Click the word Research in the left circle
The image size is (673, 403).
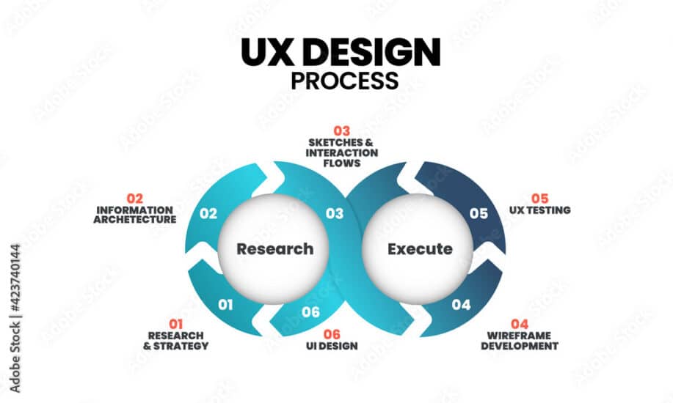[275, 249]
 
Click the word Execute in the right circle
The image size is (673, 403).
[420, 249]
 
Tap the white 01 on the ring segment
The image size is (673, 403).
[225, 305]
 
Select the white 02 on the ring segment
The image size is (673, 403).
[208, 213]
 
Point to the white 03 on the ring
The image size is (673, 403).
[335, 213]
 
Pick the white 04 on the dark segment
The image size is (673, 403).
[461, 305]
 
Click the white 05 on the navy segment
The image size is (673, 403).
[479, 213]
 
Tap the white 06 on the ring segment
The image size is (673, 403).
[310, 312]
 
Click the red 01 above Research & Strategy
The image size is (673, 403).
[175, 324]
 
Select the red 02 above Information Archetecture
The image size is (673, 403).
[135, 199]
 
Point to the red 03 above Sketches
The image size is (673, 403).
[342, 130]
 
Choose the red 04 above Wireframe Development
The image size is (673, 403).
[520, 324]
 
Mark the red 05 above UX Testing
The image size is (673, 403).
[539, 199]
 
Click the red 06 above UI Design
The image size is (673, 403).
[332, 334]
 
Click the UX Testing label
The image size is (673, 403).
[540, 210]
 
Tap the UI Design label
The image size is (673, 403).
[332, 346]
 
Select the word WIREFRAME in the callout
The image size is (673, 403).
[519, 336]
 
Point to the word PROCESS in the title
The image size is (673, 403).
[345, 81]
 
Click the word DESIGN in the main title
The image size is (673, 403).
[371, 52]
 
